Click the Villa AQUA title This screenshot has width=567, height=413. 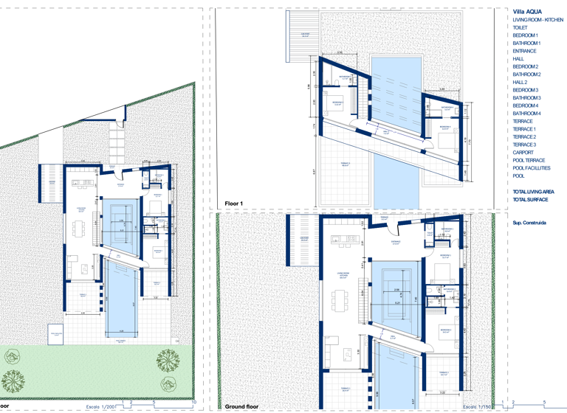[x=528, y=12]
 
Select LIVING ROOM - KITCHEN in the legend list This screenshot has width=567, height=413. [x=537, y=20]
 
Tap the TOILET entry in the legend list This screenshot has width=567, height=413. [x=520, y=27]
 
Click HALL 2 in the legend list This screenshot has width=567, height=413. [x=520, y=83]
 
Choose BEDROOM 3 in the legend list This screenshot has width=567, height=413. [x=526, y=90]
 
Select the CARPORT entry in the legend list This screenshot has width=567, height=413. [x=523, y=153]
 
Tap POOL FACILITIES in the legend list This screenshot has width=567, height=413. [x=532, y=168]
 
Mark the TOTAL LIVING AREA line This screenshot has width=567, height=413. [x=533, y=192]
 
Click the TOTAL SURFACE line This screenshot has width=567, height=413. [x=530, y=200]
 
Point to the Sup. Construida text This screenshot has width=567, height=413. [x=529, y=222]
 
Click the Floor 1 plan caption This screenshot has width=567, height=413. [x=235, y=201]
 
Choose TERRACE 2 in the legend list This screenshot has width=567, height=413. [x=525, y=137]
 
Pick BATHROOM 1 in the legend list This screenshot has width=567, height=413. [x=527, y=43]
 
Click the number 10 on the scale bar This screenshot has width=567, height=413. [x=194, y=403]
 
